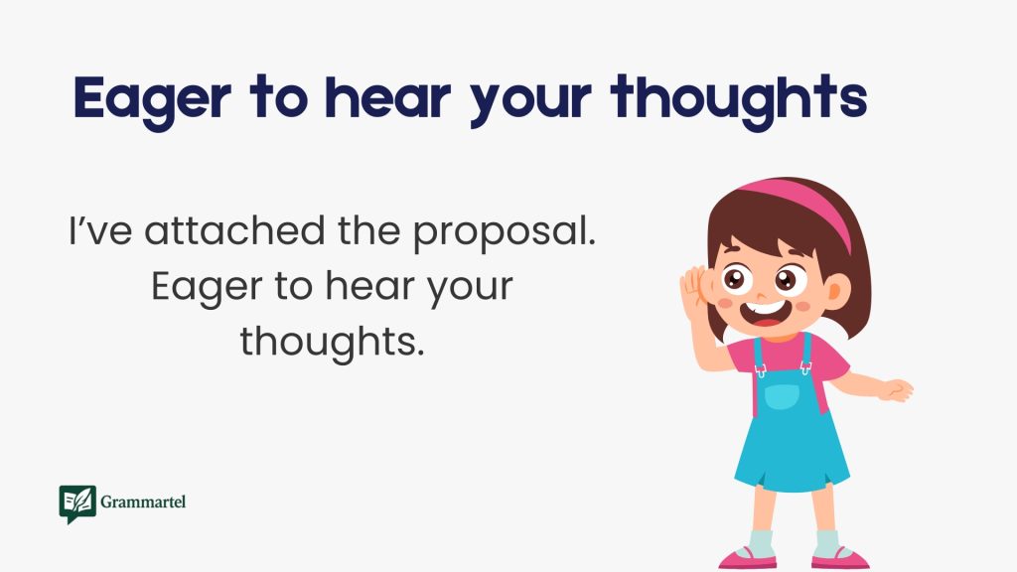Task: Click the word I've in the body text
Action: point(99,232)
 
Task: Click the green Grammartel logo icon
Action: point(76,503)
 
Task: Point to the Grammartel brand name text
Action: point(143,502)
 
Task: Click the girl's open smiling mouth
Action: point(764,317)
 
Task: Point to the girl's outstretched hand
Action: point(897,389)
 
